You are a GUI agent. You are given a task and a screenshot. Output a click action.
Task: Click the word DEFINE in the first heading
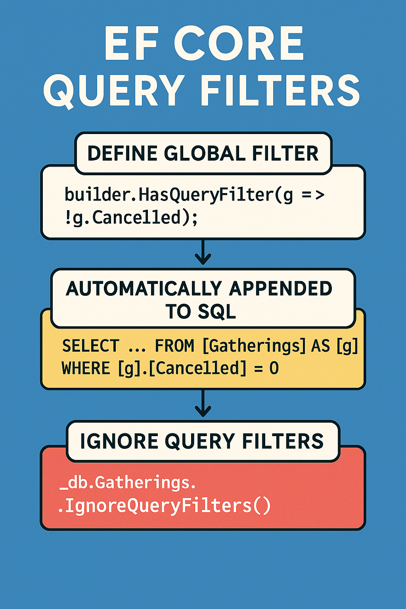[122, 154]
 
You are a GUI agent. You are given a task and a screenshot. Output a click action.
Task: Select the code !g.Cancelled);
[131, 218]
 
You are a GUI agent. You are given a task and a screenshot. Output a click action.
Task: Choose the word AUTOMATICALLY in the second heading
[144, 289]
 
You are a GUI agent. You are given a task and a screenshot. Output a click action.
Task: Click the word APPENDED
[280, 289]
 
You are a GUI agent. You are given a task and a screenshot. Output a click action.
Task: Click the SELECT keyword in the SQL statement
[91, 346]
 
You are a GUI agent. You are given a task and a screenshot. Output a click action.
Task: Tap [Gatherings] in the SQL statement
[254, 346]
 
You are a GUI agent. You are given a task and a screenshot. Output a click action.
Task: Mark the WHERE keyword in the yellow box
[86, 369]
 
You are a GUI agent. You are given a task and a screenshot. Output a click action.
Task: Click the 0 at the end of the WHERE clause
[274, 369]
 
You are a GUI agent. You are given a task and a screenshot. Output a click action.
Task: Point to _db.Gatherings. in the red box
[128, 483]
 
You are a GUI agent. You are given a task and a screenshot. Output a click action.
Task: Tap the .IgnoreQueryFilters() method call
[164, 506]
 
